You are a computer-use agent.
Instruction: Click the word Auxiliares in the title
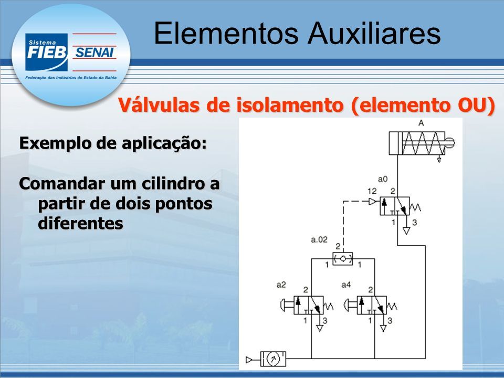pos(374,33)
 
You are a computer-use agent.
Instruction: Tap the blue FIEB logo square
pos(46,52)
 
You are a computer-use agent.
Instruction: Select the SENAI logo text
pos(94,52)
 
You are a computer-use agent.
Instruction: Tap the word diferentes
pos(80,223)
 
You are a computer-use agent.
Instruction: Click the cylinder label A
pos(421,123)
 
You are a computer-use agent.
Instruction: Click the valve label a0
pos(383,179)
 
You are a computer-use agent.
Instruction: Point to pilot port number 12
pos(372,191)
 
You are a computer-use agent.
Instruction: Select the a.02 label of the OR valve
pos(319,239)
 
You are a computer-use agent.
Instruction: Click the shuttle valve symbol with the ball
pos(343,258)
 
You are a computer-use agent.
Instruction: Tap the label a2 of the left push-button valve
pos(281,285)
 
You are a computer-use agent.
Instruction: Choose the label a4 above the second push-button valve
pos(346,285)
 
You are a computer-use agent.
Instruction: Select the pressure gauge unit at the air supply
pos(272,359)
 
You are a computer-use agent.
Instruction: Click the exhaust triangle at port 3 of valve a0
pos(406,230)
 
